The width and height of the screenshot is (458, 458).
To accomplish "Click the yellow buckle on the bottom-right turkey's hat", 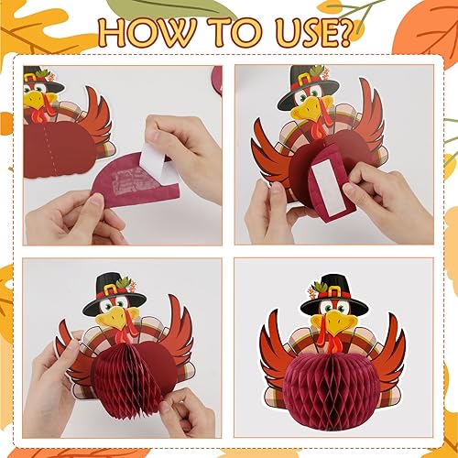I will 331,290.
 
